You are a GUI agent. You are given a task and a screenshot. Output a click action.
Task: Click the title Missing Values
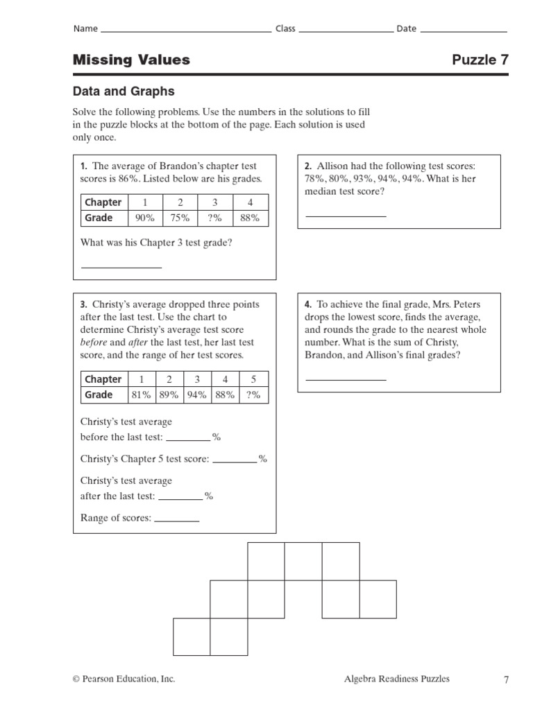(131, 60)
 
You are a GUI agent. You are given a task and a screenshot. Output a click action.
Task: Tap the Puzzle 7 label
(480, 60)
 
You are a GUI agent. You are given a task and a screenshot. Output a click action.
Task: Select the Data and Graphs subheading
(124, 92)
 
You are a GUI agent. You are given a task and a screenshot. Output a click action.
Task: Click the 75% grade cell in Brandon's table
(180, 218)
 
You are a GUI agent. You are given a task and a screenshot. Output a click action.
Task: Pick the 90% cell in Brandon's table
(145, 218)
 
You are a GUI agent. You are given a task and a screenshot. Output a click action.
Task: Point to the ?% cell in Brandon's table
(215, 218)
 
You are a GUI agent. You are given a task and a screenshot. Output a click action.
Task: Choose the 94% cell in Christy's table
(197, 395)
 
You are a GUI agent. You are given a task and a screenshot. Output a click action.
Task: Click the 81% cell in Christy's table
(141, 395)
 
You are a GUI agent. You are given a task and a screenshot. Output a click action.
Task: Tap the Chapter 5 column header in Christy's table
(253, 379)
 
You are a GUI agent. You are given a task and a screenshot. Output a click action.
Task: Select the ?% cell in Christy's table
(253, 395)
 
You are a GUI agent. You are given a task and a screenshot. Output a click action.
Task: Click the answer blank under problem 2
(346, 216)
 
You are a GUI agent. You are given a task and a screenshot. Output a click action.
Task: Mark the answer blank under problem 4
(346, 379)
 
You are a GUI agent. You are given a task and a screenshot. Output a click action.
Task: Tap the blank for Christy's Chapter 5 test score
(235, 461)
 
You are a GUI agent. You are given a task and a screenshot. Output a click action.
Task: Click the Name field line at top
(186, 31)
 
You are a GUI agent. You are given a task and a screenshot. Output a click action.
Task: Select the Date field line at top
(464, 31)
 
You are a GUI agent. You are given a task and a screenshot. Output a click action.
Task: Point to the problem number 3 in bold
(83, 304)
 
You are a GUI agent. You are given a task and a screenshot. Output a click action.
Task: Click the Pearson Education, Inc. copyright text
(124, 679)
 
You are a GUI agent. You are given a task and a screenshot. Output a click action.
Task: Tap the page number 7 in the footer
(506, 680)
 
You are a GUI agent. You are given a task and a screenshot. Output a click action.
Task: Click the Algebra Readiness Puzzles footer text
(396, 679)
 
